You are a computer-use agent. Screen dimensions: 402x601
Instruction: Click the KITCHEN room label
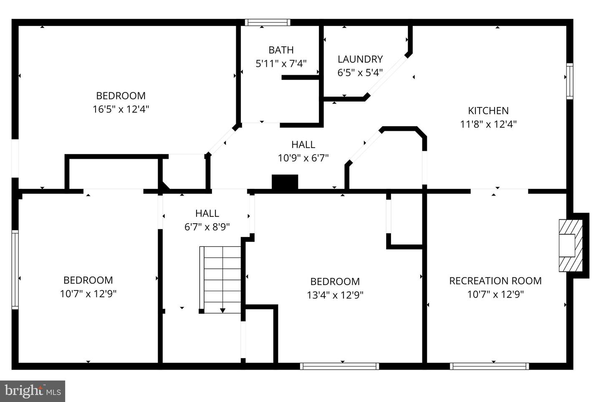click(488, 111)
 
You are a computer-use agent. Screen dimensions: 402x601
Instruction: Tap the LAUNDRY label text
click(360, 59)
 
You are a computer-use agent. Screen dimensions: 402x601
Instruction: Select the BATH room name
click(281, 50)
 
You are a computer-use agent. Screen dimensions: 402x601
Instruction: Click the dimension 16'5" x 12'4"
click(121, 109)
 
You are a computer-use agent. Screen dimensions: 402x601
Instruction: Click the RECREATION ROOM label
click(495, 281)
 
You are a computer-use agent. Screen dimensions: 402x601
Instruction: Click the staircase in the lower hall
click(221, 279)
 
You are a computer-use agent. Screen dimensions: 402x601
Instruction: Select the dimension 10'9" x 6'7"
click(303, 158)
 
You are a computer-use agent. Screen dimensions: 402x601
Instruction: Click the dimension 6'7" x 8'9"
click(207, 227)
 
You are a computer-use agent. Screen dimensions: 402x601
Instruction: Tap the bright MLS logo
click(32, 391)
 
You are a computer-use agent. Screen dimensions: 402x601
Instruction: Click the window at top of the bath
click(267, 23)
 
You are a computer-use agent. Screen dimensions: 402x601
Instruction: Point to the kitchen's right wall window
click(569, 81)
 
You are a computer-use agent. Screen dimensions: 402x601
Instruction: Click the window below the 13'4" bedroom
click(339, 366)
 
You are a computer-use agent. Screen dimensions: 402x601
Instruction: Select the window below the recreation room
click(489, 366)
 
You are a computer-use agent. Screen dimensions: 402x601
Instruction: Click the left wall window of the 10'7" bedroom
click(15, 270)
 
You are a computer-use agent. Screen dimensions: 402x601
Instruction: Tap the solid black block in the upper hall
click(285, 182)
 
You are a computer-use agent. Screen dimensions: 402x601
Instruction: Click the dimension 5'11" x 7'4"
click(281, 64)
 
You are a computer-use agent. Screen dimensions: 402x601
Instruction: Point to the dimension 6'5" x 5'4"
click(360, 73)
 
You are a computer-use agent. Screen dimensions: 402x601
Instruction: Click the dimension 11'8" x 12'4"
click(488, 124)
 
